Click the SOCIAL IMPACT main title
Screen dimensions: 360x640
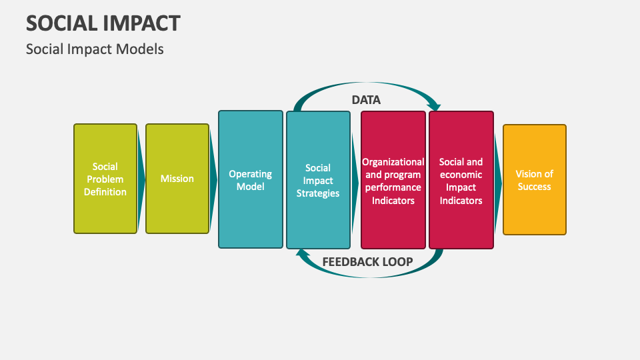[x=103, y=23]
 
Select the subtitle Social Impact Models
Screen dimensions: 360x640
[x=95, y=49]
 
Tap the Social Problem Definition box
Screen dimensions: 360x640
[x=105, y=179]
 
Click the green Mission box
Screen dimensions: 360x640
[x=177, y=179]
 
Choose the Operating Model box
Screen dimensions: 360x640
[x=251, y=180]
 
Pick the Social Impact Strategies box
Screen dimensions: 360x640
[x=318, y=180]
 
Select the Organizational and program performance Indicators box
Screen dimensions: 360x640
[x=393, y=180]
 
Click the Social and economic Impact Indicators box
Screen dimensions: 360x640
[x=461, y=180]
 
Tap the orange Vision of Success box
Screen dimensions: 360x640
[x=535, y=180]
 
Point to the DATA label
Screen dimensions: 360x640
[x=366, y=100]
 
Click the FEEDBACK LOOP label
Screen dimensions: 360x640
[x=367, y=261]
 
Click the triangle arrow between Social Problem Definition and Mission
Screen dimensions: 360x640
[x=141, y=179]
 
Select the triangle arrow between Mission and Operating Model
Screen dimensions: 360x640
[x=214, y=179]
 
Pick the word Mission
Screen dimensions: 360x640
[x=177, y=179]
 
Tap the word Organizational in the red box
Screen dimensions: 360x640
[x=393, y=162]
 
